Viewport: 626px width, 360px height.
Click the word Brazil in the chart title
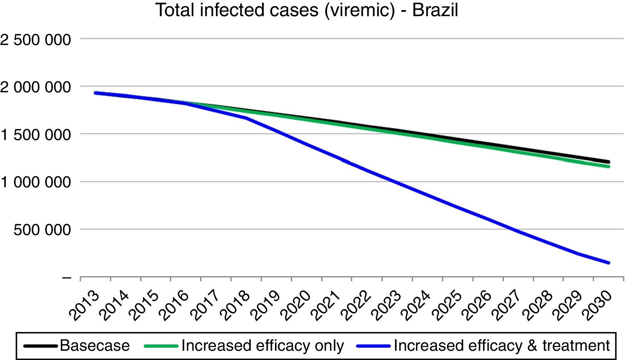click(x=435, y=10)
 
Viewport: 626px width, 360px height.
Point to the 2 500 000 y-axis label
click(x=35, y=40)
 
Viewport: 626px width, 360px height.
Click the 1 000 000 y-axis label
click(x=35, y=182)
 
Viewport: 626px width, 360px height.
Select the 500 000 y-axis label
click(x=42, y=230)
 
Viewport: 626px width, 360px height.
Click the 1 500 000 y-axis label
click(x=35, y=135)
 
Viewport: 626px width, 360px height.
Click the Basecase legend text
click(x=95, y=345)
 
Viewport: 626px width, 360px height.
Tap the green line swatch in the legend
click(x=161, y=346)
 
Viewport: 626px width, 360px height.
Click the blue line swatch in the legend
click(x=373, y=346)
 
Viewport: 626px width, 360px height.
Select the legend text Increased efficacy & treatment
click(x=502, y=345)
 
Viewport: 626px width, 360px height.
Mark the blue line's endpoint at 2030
click(x=609, y=263)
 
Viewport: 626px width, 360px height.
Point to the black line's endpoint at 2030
click(x=609, y=162)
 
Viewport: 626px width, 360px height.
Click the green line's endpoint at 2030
click(x=609, y=167)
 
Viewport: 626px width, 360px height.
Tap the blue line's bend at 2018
click(x=246, y=118)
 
